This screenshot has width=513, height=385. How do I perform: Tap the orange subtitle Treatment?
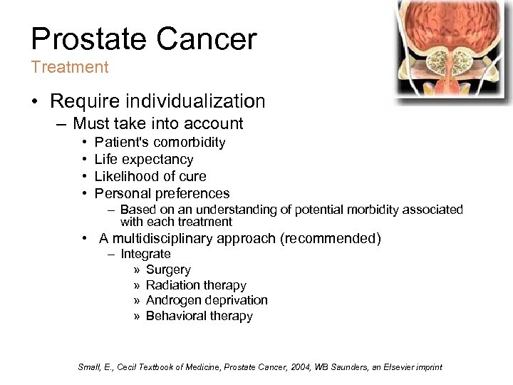point(69,68)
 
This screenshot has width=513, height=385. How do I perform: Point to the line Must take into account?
point(157,124)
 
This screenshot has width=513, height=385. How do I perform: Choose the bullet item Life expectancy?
point(144,160)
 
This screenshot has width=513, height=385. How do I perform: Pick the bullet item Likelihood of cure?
point(150,176)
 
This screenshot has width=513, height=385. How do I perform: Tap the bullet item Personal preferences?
point(162,193)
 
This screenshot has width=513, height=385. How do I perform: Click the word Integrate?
point(145,254)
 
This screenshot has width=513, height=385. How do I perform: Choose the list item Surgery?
point(168,269)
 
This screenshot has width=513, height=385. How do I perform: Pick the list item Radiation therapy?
point(196,285)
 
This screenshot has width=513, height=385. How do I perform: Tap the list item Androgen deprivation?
point(207,300)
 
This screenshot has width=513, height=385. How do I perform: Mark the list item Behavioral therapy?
point(199,316)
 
